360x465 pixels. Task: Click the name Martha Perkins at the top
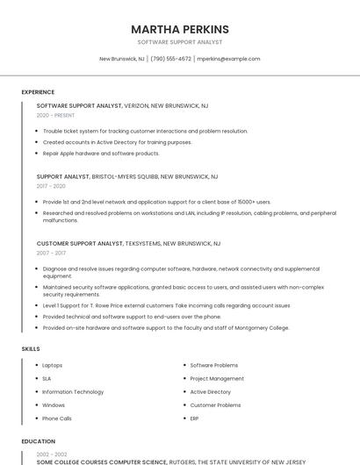(180, 29)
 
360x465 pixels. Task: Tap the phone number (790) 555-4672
(170, 59)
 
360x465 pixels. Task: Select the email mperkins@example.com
(228, 59)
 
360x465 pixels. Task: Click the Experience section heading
(38, 92)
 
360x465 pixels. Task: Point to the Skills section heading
(31, 349)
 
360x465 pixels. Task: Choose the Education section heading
(39, 441)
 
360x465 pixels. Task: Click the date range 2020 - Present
(55, 115)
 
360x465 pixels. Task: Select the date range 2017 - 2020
(51, 186)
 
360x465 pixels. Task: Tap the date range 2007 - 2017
(51, 253)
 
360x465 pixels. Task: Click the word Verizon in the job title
(136, 105)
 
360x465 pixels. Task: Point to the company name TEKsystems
(141, 243)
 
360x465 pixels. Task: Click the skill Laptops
(53, 365)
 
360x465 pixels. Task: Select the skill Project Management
(217, 378)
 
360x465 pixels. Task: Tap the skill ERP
(195, 418)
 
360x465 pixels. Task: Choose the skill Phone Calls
(57, 418)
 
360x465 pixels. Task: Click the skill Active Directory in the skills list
(211, 391)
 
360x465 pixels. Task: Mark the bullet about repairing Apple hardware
(101, 153)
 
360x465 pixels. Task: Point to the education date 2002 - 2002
(51, 454)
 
